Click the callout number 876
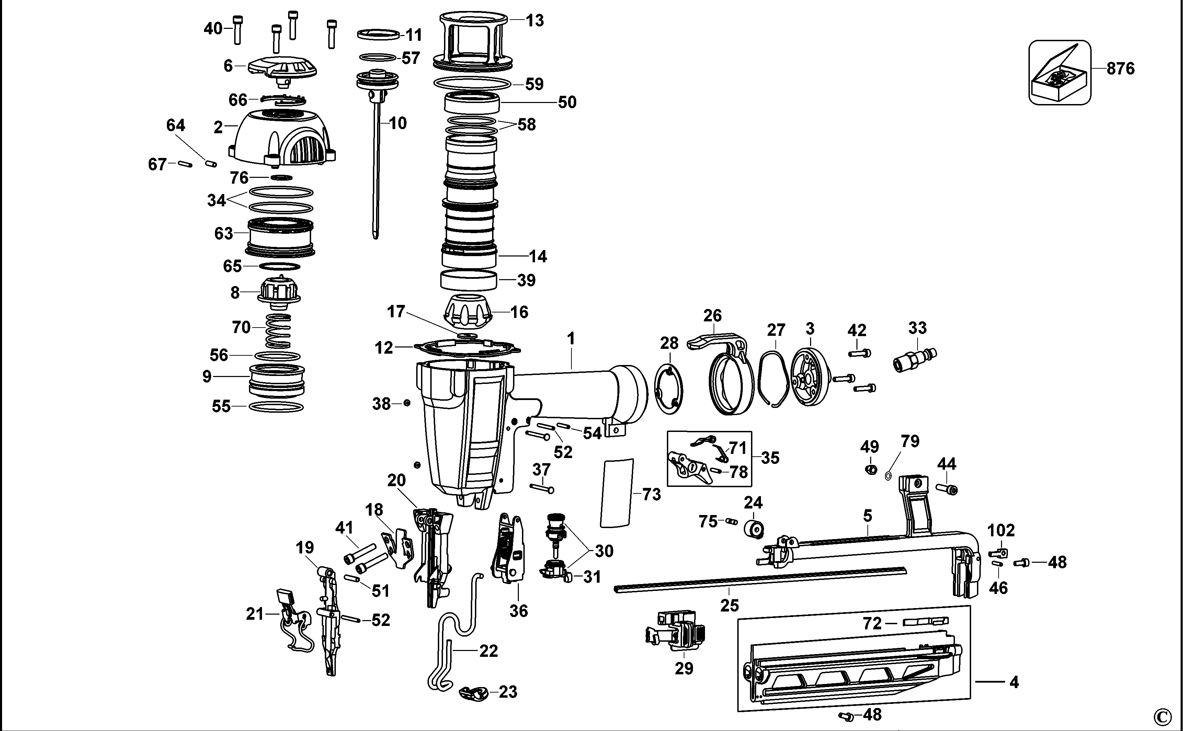pos(1120,69)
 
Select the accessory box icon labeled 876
pos(1059,72)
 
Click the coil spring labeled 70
pos(278,330)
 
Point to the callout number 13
pos(535,21)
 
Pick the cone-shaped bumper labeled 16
pos(468,311)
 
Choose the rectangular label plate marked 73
pos(616,493)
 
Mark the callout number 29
pos(684,668)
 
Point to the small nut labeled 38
pos(407,403)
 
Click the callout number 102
pos(1000,530)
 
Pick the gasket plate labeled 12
pos(467,347)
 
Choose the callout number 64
pos(175,125)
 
